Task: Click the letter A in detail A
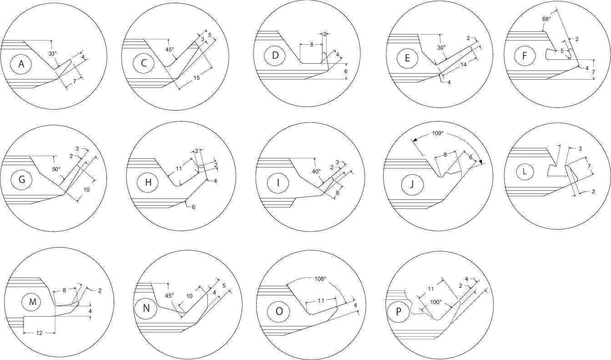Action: point(21,64)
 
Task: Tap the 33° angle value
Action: point(52,54)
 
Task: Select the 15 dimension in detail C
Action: point(197,78)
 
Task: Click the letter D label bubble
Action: point(275,56)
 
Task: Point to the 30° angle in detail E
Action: point(441,48)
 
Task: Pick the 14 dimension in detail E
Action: point(464,65)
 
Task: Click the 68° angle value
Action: point(546,19)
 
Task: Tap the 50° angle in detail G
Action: point(56,169)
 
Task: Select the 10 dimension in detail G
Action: point(86,189)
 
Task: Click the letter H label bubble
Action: point(148,182)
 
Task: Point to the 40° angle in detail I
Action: point(316,172)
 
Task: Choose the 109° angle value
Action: point(438,133)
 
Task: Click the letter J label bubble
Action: point(412,184)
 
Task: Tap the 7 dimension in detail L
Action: point(589,166)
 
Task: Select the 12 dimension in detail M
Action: point(39,333)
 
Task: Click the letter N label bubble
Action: point(146,308)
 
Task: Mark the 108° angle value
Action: point(320,279)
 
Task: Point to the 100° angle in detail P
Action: point(435,302)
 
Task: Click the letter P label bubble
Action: point(398,311)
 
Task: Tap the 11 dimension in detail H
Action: point(179,169)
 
